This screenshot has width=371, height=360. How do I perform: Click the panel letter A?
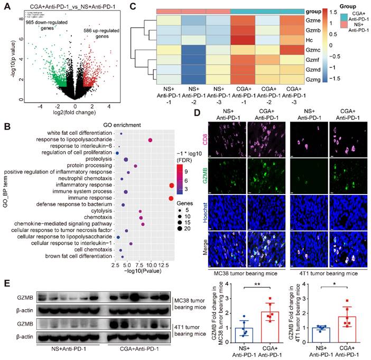pyautogui.click(x=7, y=6)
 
